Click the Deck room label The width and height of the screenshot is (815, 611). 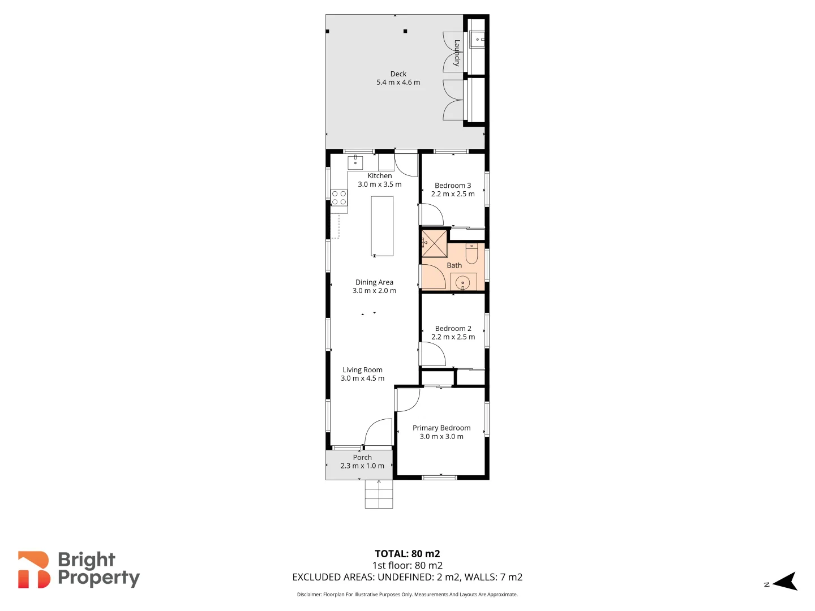[x=398, y=74]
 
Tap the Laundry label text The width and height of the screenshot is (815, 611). [x=457, y=53]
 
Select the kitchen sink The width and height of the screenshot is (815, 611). [x=355, y=162]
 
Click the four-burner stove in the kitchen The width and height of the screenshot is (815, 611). [x=339, y=198]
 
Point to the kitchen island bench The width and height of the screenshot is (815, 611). [x=382, y=226]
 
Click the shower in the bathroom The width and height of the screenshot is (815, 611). [x=435, y=244]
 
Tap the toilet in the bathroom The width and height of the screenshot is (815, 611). [x=471, y=253]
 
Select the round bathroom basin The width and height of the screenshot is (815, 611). [x=463, y=282]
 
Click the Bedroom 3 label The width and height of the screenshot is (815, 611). [x=453, y=186]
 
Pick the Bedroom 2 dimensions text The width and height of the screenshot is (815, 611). [x=453, y=337]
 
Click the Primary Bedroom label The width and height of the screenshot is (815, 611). [x=441, y=428]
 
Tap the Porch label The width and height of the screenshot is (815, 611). [x=362, y=458]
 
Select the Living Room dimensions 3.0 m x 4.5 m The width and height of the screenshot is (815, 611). [x=362, y=378]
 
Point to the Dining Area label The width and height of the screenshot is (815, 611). [x=374, y=282]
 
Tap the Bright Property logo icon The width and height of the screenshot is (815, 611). [x=34, y=570]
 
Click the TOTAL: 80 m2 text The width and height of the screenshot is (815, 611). [x=407, y=554]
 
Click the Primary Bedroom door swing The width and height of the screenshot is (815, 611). [x=407, y=399]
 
